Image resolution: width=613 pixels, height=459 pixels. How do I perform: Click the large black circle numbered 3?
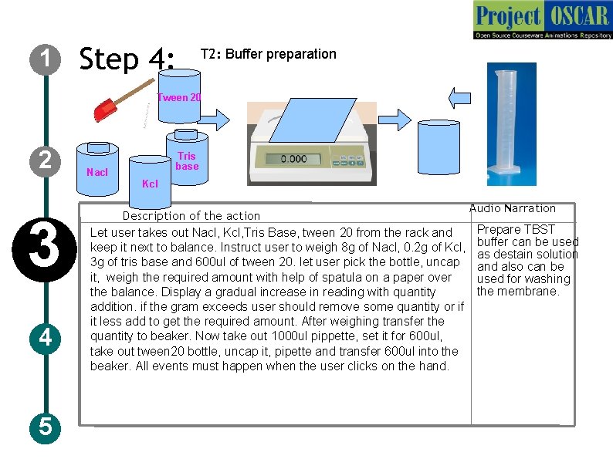[45, 243]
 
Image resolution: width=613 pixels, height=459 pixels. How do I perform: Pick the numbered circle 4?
[46, 338]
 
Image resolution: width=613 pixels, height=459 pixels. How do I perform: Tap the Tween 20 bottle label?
[179, 97]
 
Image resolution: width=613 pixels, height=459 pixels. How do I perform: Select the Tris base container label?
[187, 160]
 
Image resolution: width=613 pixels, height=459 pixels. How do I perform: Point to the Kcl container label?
[151, 184]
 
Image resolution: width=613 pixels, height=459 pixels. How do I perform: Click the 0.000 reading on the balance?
[293, 159]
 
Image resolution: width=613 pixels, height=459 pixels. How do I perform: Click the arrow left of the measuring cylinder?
[460, 95]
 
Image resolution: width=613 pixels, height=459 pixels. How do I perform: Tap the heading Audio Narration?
[512, 208]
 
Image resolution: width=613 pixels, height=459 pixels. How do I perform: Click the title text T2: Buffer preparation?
[268, 54]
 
